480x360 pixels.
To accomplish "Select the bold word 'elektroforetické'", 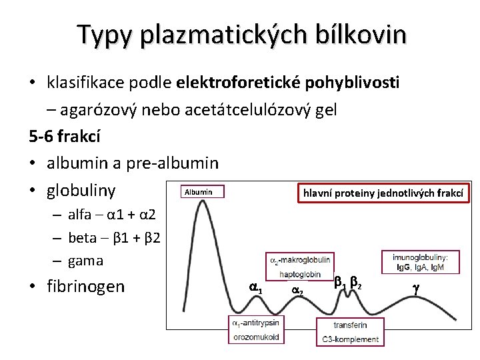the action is tap(239, 83).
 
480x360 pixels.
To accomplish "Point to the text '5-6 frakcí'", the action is tap(65, 137).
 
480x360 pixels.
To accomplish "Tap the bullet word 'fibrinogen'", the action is tap(86, 287).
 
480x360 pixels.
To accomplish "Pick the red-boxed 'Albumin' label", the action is tap(198, 192).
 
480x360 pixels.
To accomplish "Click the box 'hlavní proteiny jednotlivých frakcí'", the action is tap(383, 193).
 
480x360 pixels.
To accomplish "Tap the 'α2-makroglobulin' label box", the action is tap(299, 260).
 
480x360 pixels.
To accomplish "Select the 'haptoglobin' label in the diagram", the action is tap(300, 274).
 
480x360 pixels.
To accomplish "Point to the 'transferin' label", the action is tap(351, 325).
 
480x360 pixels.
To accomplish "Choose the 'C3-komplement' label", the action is tap(350, 339).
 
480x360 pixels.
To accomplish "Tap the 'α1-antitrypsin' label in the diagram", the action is tap(255, 323).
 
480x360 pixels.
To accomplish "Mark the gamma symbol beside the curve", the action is tap(417, 289).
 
